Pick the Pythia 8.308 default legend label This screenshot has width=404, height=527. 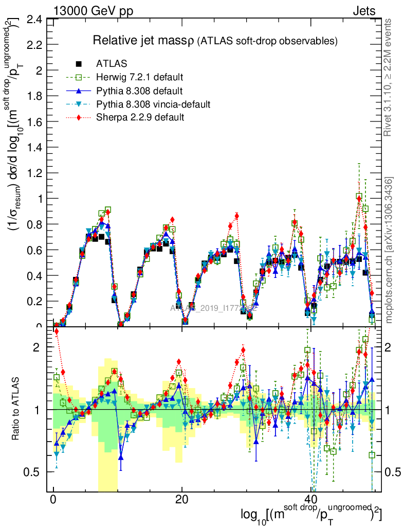(139, 91)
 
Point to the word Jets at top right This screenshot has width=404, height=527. (363, 10)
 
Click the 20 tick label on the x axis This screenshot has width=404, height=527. (181, 500)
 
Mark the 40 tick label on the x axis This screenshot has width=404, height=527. (310, 500)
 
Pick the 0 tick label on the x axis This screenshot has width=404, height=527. (53, 500)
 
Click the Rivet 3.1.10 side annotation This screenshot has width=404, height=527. (389, 77)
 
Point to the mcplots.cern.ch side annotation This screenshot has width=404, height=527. (389, 250)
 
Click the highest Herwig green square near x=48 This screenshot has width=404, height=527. (359, 197)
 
